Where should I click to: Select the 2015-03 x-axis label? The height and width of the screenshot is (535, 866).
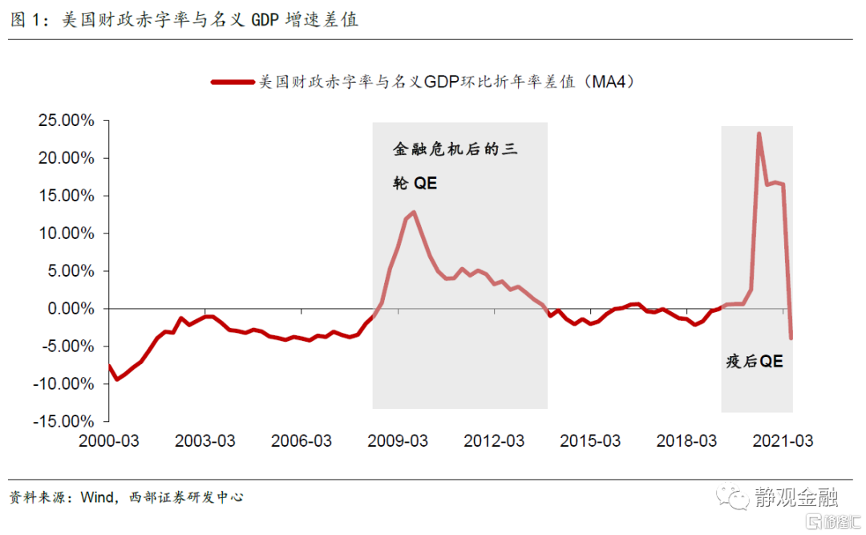(x=589, y=442)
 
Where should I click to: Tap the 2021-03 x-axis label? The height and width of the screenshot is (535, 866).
(x=782, y=442)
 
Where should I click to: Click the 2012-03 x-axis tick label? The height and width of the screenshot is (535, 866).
(x=493, y=442)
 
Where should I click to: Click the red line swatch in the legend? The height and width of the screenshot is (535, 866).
(x=232, y=82)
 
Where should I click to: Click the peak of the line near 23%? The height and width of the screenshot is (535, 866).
(x=759, y=134)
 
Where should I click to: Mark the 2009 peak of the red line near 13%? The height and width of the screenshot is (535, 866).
(x=414, y=213)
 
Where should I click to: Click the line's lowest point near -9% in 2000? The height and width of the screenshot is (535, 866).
(x=117, y=379)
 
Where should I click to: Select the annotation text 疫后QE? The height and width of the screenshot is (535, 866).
(x=754, y=362)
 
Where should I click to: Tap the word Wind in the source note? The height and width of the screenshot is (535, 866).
(x=97, y=497)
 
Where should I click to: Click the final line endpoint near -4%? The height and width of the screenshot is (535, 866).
(x=791, y=338)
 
